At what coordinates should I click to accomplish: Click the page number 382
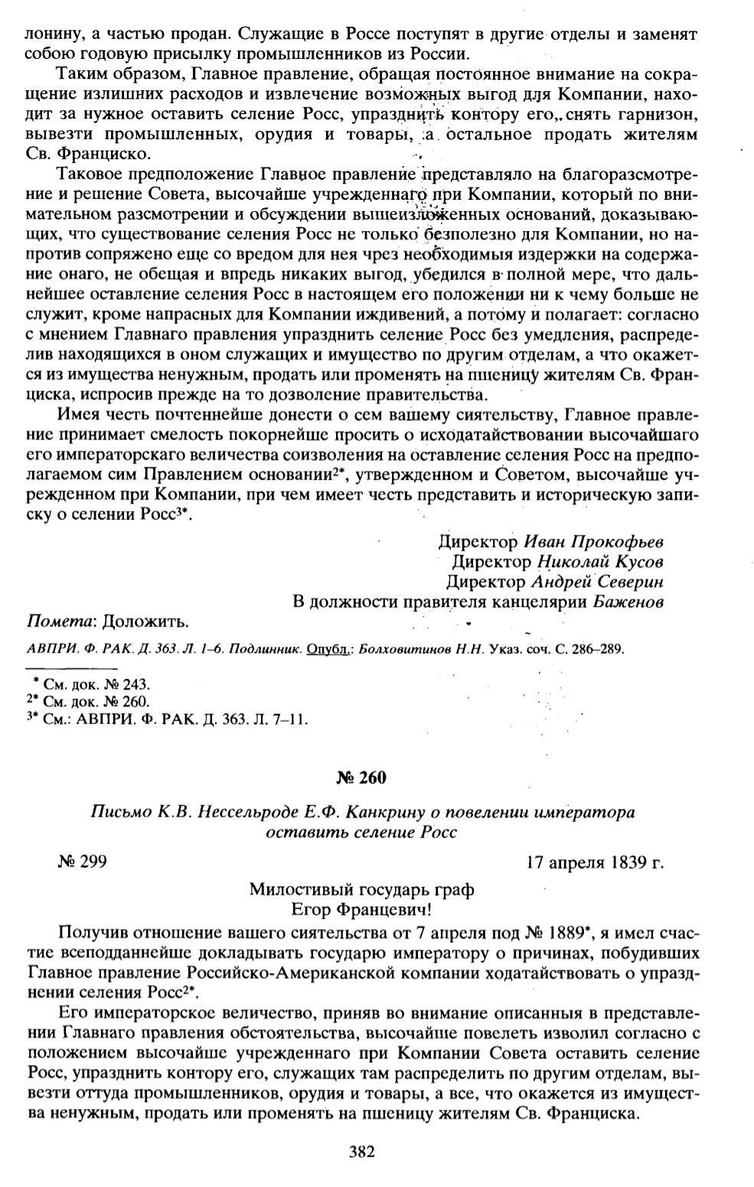click(360, 1152)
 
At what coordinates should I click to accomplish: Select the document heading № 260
click(361, 778)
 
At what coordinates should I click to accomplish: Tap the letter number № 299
click(81, 862)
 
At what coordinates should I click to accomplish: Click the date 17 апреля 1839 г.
click(594, 863)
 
